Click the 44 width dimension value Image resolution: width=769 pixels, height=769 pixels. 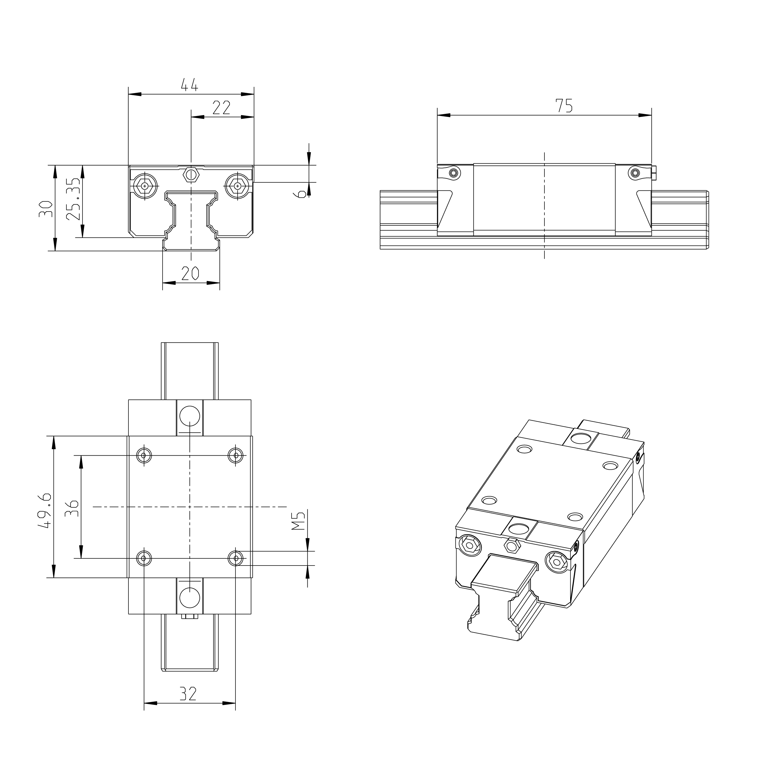coord(190,85)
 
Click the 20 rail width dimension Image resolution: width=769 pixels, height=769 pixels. coord(190,274)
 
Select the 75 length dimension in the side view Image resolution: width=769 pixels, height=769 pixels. coord(564,105)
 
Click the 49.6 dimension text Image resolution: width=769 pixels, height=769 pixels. coord(45,510)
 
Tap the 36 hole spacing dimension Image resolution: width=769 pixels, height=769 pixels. coord(72,508)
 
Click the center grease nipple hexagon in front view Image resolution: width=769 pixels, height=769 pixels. coord(191,174)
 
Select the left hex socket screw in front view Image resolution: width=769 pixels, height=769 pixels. coord(145,186)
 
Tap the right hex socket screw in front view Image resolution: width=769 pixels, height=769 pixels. coord(238,186)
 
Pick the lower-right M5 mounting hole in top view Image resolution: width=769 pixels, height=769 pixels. coord(236,558)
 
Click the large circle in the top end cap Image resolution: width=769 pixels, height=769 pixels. coord(190,416)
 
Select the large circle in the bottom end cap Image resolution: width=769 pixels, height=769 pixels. coord(190,597)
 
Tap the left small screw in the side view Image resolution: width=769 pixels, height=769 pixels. coord(453,173)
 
